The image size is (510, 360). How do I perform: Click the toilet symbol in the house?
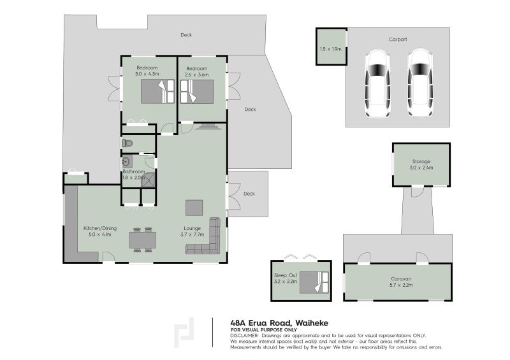pyautogui.click(x=127, y=143)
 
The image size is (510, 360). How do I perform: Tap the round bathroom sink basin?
pyautogui.click(x=126, y=161)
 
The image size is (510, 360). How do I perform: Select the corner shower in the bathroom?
pyautogui.click(x=149, y=180)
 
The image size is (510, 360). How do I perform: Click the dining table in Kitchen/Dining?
pyautogui.click(x=142, y=240)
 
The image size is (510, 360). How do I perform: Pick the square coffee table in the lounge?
pyautogui.click(x=194, y=208)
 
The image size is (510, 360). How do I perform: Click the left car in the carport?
pyautogui.click(x=377, y=83)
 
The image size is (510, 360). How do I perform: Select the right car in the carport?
pyautogui.click(x=420, y=83)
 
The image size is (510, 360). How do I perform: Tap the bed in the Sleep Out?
pyautogui.click(x=314, y=282)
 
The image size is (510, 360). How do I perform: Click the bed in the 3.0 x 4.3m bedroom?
pyautogui.click(x=157, y=91)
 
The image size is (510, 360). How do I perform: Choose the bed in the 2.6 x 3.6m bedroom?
pyautogui.click(x=197, y=91)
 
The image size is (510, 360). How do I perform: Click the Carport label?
pyautogui.click(x=398, y=40)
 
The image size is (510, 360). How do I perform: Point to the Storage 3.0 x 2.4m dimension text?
pyautogui.click(x=421, y=168)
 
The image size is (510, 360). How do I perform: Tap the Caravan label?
pyautogui.click(x=401, y=278)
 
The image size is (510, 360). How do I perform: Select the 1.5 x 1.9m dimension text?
pyautogui.click(x=330, y=49)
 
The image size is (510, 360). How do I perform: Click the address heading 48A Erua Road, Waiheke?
pyautogui.click(x=279, y=323)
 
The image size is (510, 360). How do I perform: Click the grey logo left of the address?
pyautogui.click(x=184, y=333)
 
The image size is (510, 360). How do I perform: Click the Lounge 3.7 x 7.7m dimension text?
pyautogui.click(x=193, y=234)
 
